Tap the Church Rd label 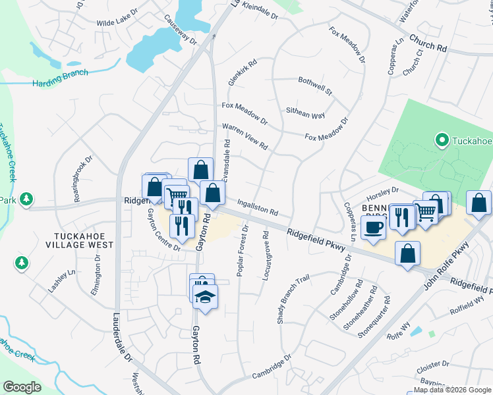(x=428, y=44)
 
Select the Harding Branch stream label (x=60, y=79)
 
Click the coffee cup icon (x=374, y=228)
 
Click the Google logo (x=22, y=387)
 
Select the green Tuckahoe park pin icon (x=442, y=140)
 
